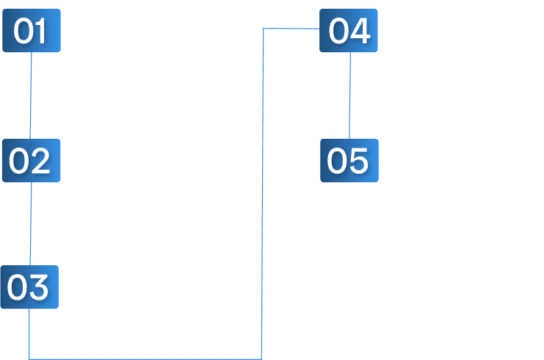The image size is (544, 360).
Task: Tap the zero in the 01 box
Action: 23,31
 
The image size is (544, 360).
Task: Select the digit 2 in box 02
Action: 40,160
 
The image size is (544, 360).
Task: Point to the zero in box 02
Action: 19,161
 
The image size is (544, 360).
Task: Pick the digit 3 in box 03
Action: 38,287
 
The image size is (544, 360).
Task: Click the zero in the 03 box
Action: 17,287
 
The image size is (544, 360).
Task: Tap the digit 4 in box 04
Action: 360,31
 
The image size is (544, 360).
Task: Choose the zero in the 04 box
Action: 338,31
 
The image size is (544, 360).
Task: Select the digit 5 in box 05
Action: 358,161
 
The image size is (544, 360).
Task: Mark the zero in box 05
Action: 336,161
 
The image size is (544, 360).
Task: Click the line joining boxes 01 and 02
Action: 31,96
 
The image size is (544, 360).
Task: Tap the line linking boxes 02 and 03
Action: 31,223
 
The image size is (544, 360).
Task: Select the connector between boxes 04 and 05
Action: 349,96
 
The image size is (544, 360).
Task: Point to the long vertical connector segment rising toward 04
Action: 263,194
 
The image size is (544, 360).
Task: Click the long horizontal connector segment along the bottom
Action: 145,359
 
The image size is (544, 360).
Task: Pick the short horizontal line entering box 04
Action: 291,29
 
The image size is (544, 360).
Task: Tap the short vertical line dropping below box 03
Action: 29,334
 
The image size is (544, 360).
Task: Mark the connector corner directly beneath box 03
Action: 29,359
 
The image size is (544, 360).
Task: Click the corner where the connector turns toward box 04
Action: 264,29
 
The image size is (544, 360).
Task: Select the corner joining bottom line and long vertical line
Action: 261,359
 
